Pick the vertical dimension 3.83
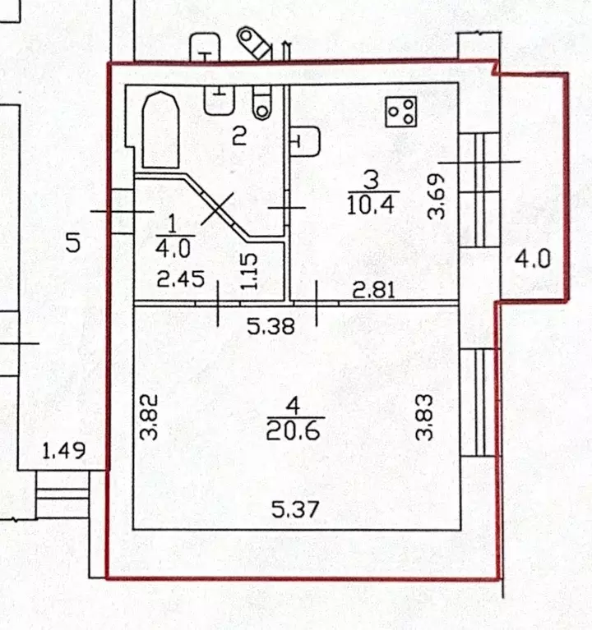point(424,418)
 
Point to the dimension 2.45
point(180,279)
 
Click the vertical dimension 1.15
point(251,270)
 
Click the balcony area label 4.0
point(532,261)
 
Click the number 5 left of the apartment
point(72,242)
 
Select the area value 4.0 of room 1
point(173,245)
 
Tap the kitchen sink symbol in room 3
point(305,140)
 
